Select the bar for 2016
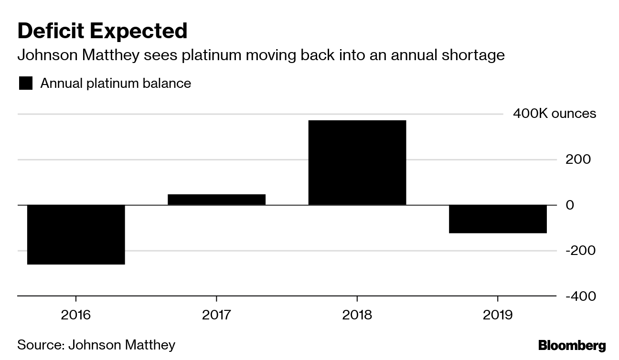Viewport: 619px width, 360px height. point(76,234)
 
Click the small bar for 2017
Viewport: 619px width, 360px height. point(216,200)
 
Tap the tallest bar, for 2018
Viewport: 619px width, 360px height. point(357,162)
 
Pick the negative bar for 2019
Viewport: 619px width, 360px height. point(498,219)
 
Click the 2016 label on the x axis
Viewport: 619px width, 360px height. point(76,315)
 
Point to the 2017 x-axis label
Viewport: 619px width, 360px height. point(216,315)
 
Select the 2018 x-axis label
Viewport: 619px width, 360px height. point(357,315)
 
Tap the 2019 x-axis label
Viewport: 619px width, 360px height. point(498,315)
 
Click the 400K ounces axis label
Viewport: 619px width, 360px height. point(554,114)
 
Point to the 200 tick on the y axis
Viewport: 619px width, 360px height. point(578,159)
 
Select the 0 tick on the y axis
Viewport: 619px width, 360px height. point(569,205)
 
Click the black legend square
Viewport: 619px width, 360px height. point(25,84)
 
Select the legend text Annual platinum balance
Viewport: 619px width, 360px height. point(116,84)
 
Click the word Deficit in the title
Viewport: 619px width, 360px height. point(50,31)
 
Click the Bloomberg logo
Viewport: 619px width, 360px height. point(572,345)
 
